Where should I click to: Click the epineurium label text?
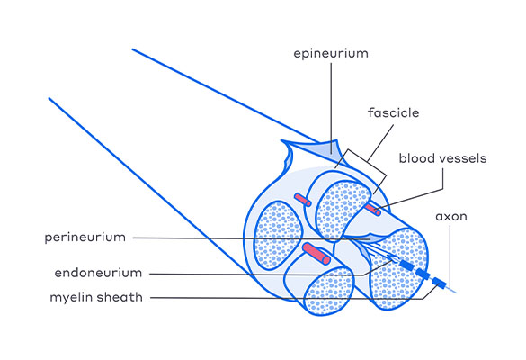331,54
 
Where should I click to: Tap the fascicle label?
393,112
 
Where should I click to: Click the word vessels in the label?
461,158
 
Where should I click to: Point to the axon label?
451,217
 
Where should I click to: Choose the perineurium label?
85,238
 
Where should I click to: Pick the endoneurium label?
98,273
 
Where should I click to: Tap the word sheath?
121,297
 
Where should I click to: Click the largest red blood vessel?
316,254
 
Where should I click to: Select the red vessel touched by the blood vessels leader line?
372,209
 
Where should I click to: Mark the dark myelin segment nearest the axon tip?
439,283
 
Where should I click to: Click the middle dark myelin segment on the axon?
423,274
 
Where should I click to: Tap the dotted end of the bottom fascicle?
328,290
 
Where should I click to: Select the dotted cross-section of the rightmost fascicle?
398,269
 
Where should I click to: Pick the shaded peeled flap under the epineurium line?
325,148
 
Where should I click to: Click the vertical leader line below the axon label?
450,256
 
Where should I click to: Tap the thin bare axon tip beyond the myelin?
451,290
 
